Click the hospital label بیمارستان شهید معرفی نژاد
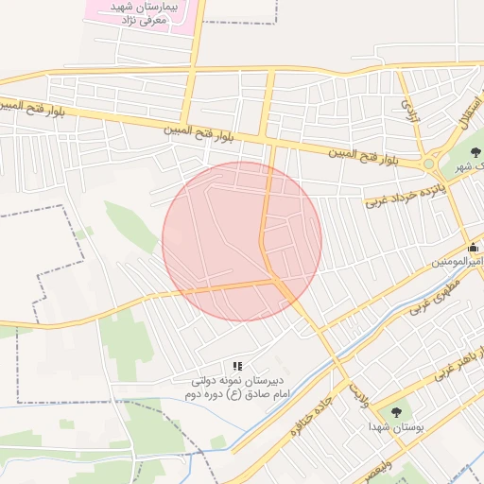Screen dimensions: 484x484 point(145,12)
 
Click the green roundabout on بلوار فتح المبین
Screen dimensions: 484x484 point(430,164)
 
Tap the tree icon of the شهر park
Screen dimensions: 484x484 point(474,152)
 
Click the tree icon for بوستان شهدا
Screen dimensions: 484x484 point(395,412)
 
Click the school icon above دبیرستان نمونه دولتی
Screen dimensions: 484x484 point(237,365)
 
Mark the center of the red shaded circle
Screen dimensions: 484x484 point(242,241)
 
